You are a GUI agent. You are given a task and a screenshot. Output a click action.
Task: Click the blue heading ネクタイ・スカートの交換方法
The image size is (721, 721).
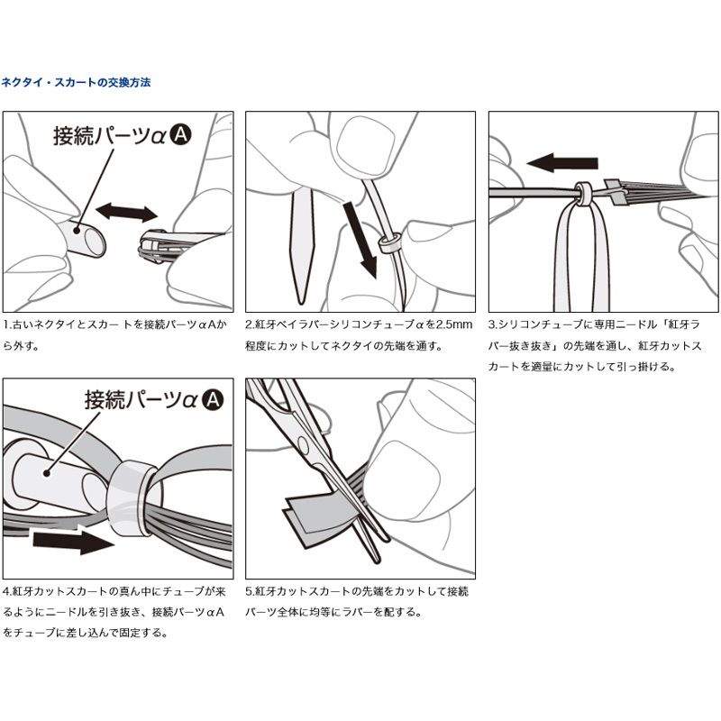(x=76, y=83)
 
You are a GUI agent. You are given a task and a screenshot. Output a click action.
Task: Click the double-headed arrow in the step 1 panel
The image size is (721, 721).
(x=127, y=213)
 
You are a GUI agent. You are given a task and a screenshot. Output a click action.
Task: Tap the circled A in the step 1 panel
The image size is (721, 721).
(x=181, y=134)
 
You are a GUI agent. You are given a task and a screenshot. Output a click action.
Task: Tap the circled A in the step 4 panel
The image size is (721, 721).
(x=213, y=399)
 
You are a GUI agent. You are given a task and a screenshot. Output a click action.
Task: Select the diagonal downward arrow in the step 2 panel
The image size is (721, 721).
(x=360, y=240)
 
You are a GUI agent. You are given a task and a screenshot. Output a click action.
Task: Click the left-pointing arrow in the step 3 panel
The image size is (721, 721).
(x=561, y=163)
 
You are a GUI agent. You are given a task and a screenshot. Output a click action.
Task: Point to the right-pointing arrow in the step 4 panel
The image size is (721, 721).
(x=74, y=543)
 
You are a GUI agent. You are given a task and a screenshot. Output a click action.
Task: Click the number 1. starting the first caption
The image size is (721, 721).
(x=7, y=324)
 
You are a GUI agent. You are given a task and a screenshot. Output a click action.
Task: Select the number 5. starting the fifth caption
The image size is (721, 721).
(x=250, y=591)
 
